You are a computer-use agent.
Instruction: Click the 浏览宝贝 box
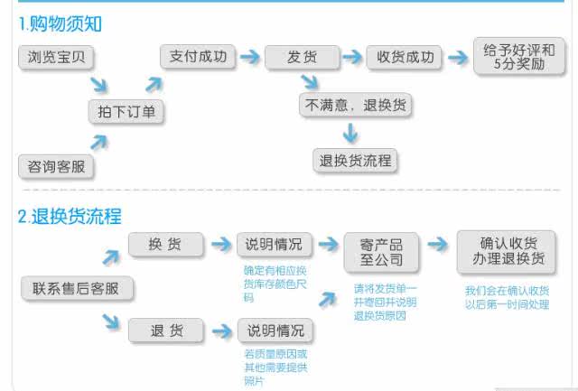[x=56, y=59]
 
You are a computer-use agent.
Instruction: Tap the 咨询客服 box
[x=56, y=166]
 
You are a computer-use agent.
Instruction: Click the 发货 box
[x=301, y=57]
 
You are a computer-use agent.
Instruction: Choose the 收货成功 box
[x=405, y=57]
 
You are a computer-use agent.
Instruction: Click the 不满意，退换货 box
[x=355, y=105]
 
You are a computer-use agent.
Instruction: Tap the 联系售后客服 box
[x=76, y=289]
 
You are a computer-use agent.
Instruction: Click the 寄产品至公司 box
[x=380, y=252]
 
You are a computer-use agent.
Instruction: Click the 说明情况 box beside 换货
[x=275, y=244]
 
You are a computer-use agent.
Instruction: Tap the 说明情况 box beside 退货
[x=275, y=330]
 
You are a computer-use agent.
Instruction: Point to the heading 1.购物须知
[x=60, y=24]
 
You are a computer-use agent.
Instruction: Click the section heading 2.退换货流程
[x=70, y=216]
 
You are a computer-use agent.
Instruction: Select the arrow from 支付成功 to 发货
[x=249, y=57]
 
